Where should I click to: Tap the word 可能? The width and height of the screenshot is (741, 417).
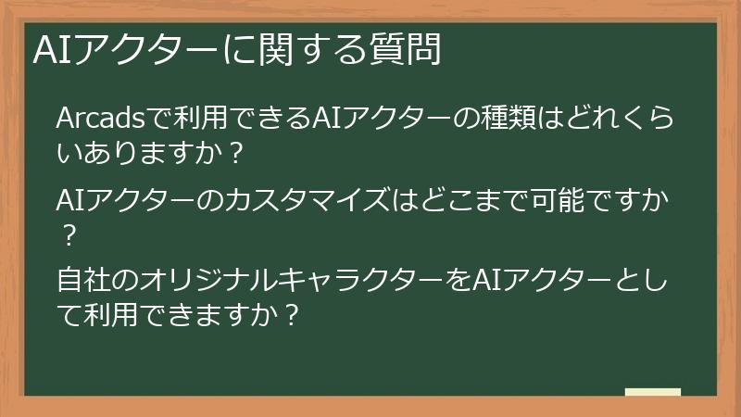(542, 199)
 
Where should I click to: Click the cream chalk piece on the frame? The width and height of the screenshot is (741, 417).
(653, 392)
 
